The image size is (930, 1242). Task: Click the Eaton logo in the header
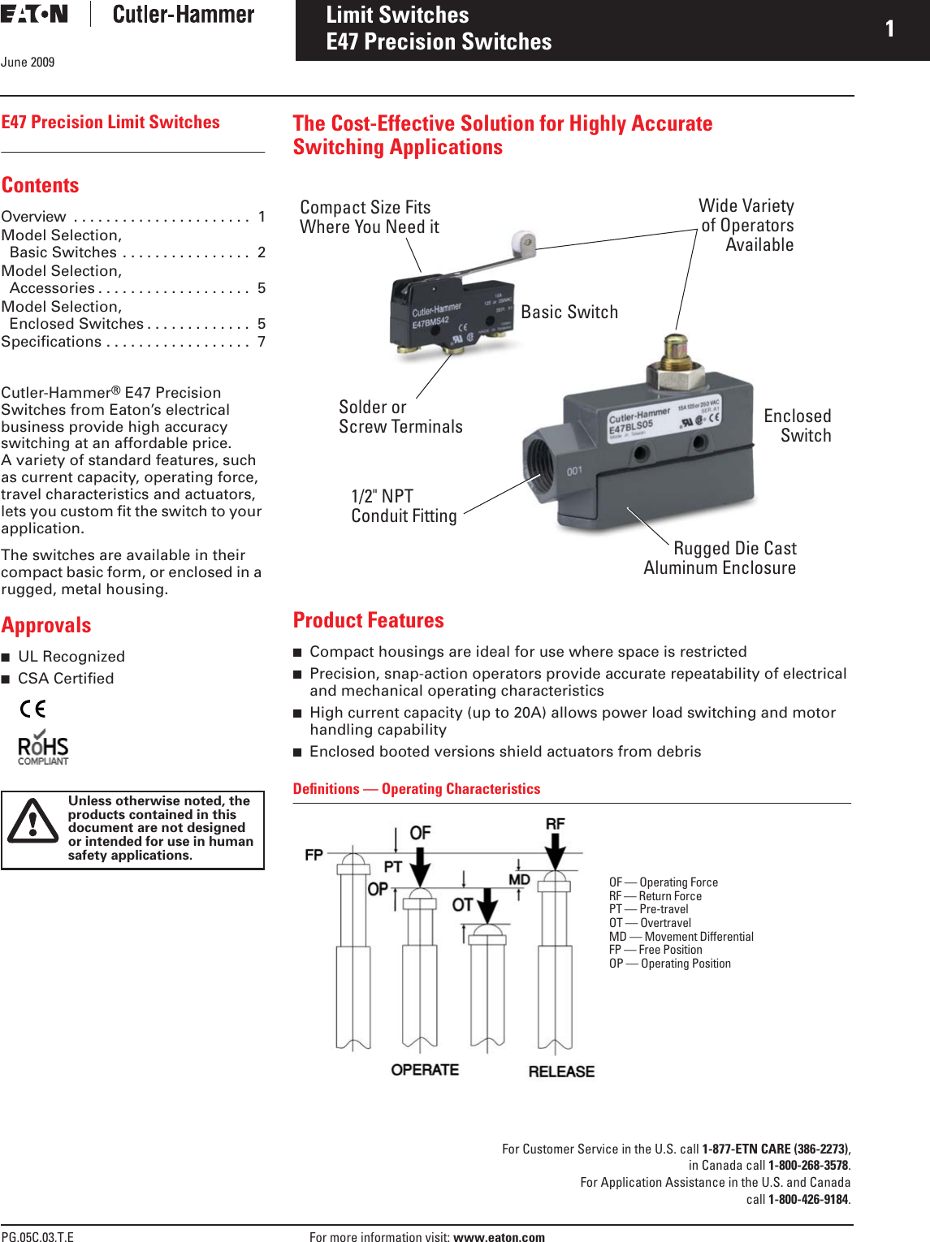(x=34, y=14)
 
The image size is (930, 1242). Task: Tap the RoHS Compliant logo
(x=43, y=749)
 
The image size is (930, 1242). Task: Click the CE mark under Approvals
(x=32, y=709)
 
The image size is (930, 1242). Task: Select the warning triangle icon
(x=32, y=822)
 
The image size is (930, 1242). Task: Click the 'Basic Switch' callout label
(x=569, y=313)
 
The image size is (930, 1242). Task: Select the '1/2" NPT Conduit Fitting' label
(x=404, y=506)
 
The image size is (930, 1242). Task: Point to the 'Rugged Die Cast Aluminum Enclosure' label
(x=720, y=558)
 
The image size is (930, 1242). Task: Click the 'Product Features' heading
(x=368, y=620)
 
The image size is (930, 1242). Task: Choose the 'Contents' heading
(x=40, y=185)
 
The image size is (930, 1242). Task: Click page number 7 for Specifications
(x=262, y=342)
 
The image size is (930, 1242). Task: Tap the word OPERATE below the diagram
(x=425, y=1070)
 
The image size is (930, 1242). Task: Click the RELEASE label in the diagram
(x=561, y=1072)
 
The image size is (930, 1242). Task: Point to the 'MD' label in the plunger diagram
(x=519, y=880)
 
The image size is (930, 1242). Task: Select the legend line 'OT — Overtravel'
(x=650, y=923)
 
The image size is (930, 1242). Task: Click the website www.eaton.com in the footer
(x=499, y=1237)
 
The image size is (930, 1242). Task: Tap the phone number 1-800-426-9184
(x=808, y=1199)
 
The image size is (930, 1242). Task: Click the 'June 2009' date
(x=28, y=62)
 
